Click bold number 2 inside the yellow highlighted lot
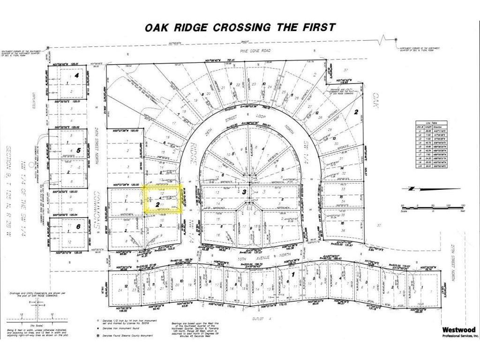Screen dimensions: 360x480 click(156, 204)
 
